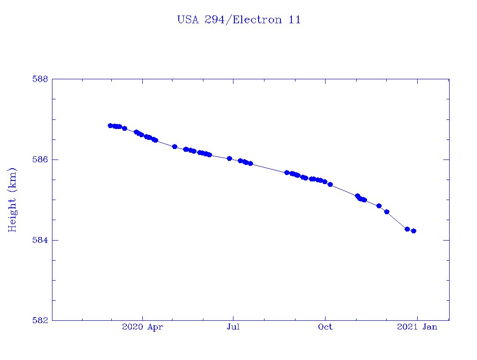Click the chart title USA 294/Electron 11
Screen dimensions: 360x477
pyautogui.click(x=238, y=20)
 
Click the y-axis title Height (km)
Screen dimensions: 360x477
pyautogui.click(x=12, y=200)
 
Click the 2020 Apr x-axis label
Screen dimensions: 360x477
pyautogui.click(x=143, y=327)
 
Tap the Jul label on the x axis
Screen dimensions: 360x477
pyautogui.click(x=233, y=327)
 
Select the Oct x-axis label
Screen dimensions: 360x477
pyautogui.click(x=325, y=327)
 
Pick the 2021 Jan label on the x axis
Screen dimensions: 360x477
pyautogui.click(x=417, y=327)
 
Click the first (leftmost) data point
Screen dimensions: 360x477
pyautogui.click(x=110, y=125)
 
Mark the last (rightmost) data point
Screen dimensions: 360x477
pyautogui.click(x=414, y=231)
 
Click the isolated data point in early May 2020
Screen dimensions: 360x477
pyautogui.click(x=175, y=146)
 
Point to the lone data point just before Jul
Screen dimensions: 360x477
pyautogui.click(x=229, y=159)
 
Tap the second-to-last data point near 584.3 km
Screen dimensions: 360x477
pyautogui.click(x=407, y=229)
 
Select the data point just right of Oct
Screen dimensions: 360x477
pyautogui.click(x=330, y=185)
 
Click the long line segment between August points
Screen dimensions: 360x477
pyautogui.click(x=269, y=168)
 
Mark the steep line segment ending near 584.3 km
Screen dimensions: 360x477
pyautogui.click(x=397, y=220)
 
